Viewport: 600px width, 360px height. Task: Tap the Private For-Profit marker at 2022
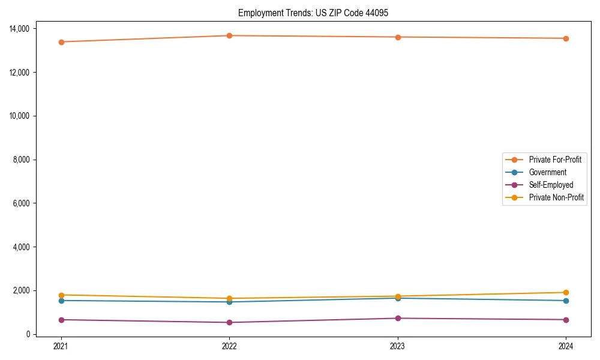coord(229,35)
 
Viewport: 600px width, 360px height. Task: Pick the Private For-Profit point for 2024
coord(566,38)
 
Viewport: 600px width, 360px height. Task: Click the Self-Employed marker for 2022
coord(229,322)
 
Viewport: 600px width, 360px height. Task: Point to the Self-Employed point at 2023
coord(398,318)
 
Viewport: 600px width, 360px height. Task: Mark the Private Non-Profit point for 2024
coord(566,292)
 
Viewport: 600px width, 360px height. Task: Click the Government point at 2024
coord(566,301)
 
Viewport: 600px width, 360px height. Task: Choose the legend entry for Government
coord(547,172)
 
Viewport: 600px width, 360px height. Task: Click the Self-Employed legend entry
coord(551,185)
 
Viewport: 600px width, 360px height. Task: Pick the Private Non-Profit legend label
coord(556,197)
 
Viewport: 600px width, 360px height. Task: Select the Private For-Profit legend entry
coord(554,160)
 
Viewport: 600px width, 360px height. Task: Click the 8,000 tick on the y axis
coord(25,160)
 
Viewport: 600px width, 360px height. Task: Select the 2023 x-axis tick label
coord(398,346)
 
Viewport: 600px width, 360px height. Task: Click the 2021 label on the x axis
coord(61,346)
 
